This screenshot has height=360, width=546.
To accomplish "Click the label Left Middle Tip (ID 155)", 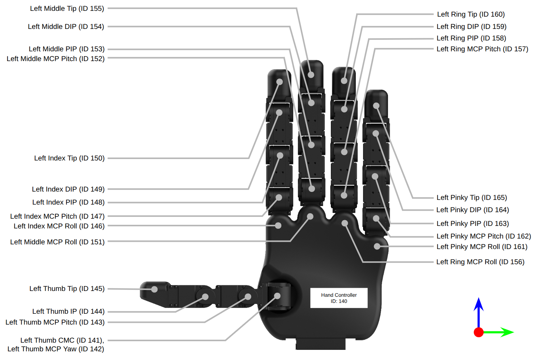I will pos(67,8).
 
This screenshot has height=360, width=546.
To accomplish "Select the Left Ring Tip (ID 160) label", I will pos(471,14).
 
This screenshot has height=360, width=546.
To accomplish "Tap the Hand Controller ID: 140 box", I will pos(339,298).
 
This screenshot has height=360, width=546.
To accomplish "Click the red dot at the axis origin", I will pos(479,332).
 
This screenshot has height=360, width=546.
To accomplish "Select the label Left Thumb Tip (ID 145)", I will pos(67,288).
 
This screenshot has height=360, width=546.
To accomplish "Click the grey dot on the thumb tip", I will pos(154,289).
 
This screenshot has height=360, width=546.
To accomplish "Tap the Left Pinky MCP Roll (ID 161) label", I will pos(482,247).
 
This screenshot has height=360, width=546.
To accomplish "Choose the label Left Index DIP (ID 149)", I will pos(68,189).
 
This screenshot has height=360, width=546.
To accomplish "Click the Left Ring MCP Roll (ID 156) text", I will pos(480,262).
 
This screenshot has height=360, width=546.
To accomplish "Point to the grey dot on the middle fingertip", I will pos(311,75).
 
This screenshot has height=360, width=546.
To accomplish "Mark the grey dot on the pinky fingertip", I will pos(376,106).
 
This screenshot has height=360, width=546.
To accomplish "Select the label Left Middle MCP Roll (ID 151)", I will pos(57,242).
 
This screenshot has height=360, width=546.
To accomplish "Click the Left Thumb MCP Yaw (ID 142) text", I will pos(56,349).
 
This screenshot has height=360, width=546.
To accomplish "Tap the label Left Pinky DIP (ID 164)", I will pos(473,210).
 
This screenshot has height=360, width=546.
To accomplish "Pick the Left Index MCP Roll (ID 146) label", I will pos(59,226).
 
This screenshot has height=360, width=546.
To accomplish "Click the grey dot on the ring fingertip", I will pos(344,81).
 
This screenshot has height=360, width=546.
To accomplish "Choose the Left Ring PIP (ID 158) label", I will pos(471,38).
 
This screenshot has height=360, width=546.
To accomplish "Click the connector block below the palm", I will pos(320,344).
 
